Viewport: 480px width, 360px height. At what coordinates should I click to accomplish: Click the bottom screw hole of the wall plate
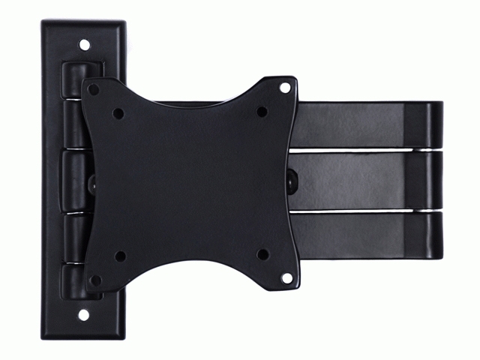84,314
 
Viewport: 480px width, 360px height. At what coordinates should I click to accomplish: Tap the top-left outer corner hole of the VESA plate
93,89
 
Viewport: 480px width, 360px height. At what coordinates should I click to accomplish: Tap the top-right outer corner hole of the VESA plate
285,88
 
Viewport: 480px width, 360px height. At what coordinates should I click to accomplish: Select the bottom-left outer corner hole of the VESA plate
94,280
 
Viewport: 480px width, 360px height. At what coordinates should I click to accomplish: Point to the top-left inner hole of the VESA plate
118,114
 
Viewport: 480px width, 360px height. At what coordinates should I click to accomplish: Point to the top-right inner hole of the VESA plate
262,112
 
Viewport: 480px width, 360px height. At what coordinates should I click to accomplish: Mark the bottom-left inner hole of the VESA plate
119,256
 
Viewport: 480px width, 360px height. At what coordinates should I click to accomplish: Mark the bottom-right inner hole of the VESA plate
262,254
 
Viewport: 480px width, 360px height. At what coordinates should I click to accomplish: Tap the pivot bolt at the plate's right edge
292,180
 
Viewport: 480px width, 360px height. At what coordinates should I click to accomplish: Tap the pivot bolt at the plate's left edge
92,181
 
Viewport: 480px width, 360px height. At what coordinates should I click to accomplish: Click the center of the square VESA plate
190,183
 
